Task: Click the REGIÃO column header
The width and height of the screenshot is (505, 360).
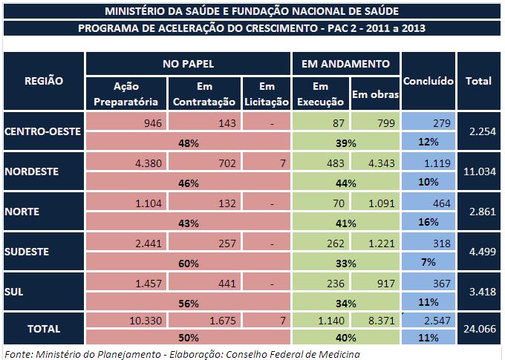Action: (44, 81)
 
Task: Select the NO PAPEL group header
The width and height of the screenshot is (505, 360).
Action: (189, 65)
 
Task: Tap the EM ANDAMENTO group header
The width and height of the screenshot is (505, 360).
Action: (346, 65)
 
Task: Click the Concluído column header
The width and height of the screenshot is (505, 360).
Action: (428, 81)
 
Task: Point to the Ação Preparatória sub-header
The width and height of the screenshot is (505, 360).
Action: (126, 94)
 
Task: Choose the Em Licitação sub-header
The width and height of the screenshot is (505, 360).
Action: (267, 94)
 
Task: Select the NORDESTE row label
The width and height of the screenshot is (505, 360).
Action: (30, 171)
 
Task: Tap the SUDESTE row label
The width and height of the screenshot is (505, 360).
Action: (27, 252)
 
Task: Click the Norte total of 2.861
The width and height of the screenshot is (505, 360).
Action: (478, 212)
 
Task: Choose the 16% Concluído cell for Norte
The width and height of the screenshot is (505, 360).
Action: (429, 221)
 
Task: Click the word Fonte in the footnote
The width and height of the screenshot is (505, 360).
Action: (19, 353)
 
